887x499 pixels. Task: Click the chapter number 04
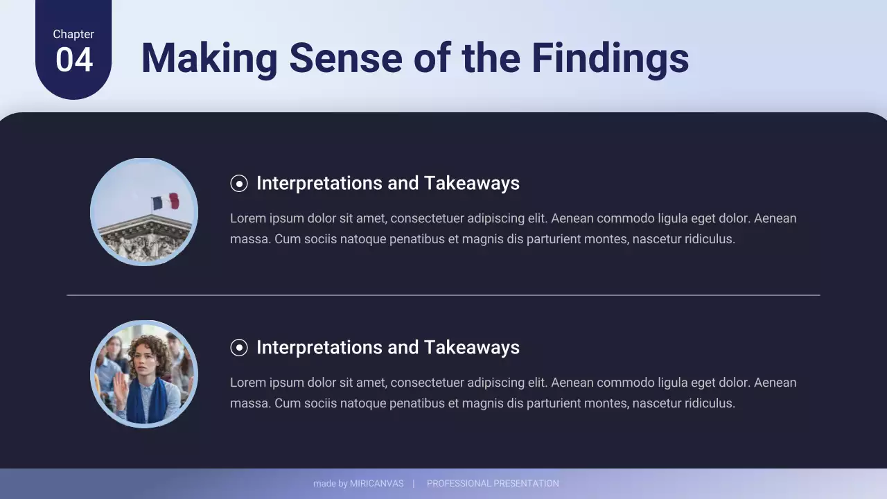coord(73,60)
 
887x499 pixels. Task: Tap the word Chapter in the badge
coord(73,34)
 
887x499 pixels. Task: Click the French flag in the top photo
coord(166,202)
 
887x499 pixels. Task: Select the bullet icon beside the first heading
coord(238,183)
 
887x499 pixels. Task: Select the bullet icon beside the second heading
coord(238,347)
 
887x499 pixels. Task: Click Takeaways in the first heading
coord(471,183)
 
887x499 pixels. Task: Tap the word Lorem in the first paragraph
coord(247,218)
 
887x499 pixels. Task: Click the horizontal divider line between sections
coord(443,295)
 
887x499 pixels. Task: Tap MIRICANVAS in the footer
coord(376,484)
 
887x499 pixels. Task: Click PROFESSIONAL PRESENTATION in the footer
coord(493,484)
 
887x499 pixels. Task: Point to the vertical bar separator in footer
coord(414,484)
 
